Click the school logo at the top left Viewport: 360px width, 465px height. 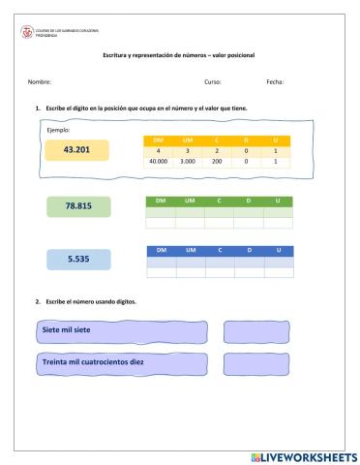click(26, 30)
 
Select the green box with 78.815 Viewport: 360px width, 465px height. click(78, 206)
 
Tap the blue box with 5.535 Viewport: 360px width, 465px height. click(78, 260)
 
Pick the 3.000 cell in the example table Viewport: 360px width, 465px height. click(188, 162)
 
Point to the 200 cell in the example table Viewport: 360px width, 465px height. click(217, 162)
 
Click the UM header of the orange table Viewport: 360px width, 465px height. click(188, 141)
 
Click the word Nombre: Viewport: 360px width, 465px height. click(40, 81)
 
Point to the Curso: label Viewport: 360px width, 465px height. click(213, 81)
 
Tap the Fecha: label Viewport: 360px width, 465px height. click(275, 81)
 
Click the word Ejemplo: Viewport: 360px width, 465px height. click(58, 129)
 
